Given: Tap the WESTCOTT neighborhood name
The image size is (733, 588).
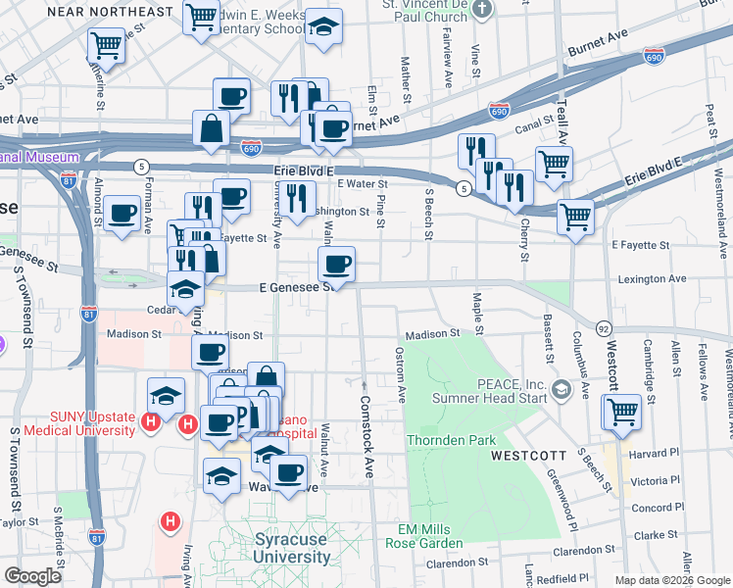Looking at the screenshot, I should pos(529,456).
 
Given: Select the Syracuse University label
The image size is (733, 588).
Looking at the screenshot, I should pos(292,548).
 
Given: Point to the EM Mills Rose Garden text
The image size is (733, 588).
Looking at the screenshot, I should pos(423,536).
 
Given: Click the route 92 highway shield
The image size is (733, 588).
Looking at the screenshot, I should pos(604,327).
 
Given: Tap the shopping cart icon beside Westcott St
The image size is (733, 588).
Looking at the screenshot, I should pos(621,412).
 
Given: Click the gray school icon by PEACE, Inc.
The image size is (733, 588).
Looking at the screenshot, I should pos(561,390).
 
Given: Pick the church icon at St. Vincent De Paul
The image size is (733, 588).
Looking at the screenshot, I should pos(480,10).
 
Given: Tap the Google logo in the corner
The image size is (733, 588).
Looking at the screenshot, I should pos(32,576).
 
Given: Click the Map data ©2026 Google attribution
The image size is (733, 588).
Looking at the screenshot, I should pos(671,580).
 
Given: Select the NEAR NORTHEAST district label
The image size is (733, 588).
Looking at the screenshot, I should pos(97,13).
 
